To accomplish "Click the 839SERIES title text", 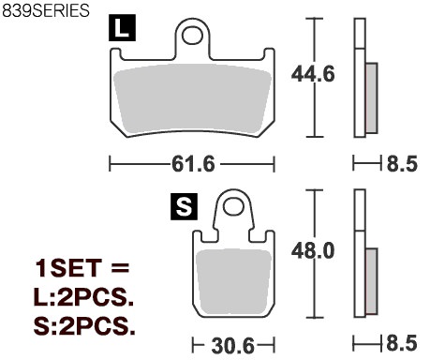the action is point(46,10).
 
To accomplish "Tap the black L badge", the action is point(122,28).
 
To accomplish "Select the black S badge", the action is point(184,206).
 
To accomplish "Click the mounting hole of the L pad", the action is point(192,36).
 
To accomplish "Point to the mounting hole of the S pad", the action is point(233,206).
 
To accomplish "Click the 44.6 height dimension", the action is point(313,74).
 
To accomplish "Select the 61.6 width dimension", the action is point(193,164).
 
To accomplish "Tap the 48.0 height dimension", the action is point(313,250).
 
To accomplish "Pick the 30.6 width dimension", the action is point(233,346).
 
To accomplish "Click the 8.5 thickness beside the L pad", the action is point(402,164).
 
